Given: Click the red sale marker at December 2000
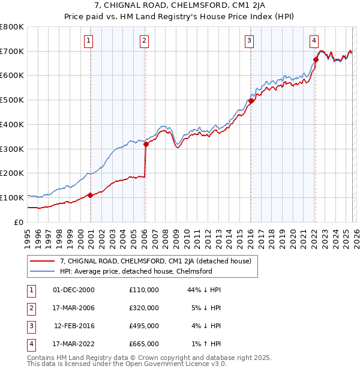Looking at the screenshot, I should click(91, 195).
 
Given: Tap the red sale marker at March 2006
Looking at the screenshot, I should click(146, 143).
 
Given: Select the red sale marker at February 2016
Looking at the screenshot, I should click(251, 101).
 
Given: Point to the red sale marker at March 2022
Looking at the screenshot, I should click(316, 59).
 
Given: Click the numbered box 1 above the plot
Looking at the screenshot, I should click(89, 41).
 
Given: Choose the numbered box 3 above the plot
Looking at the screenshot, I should click(248, 41).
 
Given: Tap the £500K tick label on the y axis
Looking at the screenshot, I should click(12, 100).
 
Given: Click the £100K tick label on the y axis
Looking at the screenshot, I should click(12, 197).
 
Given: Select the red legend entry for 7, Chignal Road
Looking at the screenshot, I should click(159, 261).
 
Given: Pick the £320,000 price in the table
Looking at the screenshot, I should click(144, 308).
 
